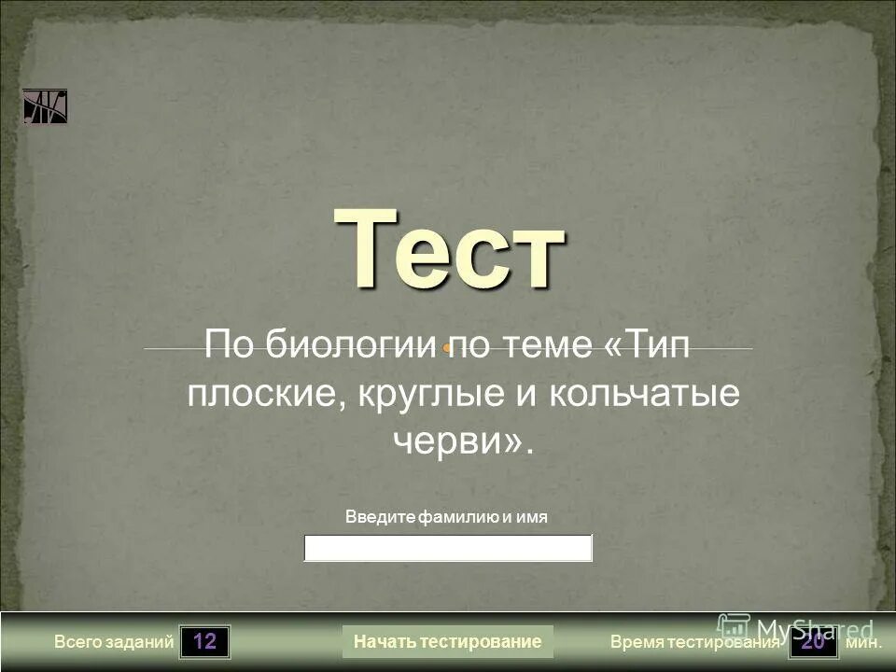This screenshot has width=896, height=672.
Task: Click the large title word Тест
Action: click(x=449, y=246)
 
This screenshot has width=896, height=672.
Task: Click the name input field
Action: click(x=448, y=548)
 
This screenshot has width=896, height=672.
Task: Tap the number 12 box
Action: click(x=205, y=642)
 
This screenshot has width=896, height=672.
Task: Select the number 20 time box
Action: click(x=814, y=642)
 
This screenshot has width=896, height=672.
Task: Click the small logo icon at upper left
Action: click(x=45, y=106)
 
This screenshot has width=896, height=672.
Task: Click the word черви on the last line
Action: click(x=452, y=440)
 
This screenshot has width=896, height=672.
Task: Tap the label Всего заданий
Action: click(x=114, y=642)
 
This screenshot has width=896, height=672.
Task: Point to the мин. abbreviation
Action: click(x=863, y=642)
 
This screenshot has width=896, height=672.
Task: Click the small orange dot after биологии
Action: click(x=448, y=348)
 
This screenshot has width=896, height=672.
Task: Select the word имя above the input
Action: click(x=531, y=516)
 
